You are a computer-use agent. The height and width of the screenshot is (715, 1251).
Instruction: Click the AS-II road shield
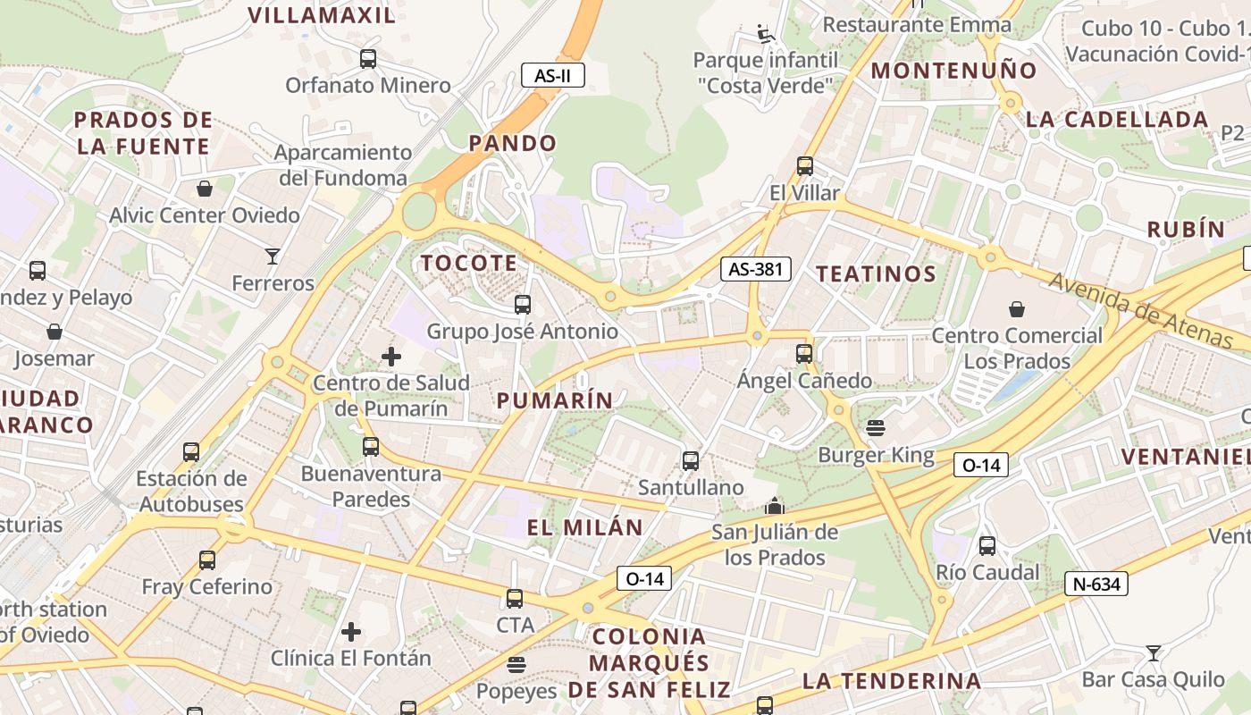553,76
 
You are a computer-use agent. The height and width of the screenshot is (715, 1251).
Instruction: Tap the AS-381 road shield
756,269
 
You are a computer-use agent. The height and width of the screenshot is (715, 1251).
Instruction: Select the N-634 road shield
1096,585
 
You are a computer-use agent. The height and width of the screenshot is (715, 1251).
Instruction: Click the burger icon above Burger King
875,428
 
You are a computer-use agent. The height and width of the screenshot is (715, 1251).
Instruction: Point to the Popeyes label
516,691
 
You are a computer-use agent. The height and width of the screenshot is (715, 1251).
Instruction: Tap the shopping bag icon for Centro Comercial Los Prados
1017,310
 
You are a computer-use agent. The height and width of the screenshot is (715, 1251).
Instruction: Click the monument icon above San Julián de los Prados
775,506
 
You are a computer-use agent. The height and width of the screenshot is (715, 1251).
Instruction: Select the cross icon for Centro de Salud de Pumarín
391,357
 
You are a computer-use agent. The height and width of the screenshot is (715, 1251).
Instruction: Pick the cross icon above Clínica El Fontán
351,632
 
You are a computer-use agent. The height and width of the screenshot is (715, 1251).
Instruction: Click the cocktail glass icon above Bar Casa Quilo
1154,653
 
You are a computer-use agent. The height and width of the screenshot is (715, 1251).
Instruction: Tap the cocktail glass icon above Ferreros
273,257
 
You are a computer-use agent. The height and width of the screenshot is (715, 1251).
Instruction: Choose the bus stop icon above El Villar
805,166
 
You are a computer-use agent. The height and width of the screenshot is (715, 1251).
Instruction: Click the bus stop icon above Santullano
691,461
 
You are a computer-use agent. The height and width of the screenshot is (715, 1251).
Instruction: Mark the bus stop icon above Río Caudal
987,546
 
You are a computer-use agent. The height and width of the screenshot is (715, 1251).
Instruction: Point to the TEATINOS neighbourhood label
877,273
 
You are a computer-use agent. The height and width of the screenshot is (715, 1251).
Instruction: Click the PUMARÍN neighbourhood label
555,400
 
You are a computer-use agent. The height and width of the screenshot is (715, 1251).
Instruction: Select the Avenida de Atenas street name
1141,310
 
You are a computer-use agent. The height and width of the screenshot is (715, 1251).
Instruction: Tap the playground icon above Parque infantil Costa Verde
765,34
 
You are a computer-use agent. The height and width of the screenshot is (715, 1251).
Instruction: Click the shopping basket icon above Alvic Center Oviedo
205,189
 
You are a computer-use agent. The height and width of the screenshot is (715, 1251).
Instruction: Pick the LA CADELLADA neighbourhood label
1117,119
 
